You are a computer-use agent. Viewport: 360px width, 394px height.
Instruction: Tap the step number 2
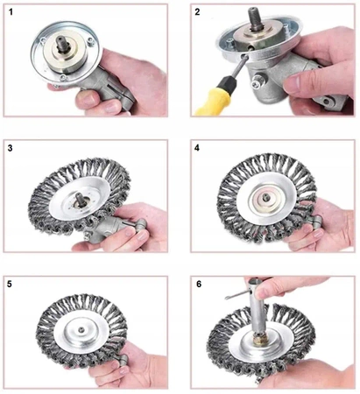199,13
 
